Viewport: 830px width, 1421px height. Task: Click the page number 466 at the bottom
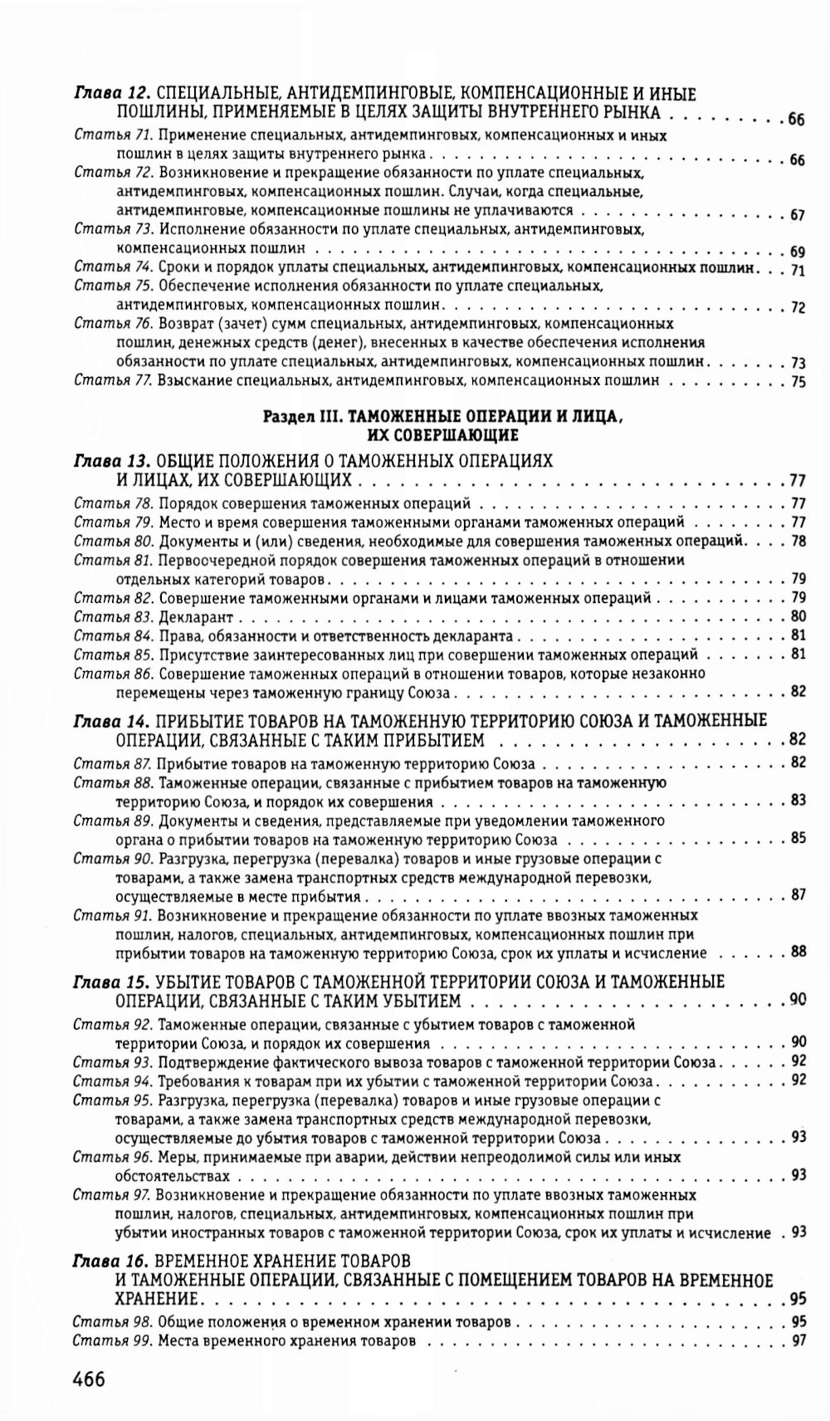(89, 1379)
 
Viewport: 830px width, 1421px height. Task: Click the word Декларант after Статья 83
(196, 617)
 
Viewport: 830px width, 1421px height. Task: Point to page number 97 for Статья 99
(798, 1340)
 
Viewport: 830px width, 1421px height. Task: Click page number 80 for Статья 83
(798, 616)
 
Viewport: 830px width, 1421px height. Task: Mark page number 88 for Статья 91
(798, 952)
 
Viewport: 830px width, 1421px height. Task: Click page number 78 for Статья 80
(798, 541)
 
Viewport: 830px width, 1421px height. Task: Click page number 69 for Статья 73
(798, 251)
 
